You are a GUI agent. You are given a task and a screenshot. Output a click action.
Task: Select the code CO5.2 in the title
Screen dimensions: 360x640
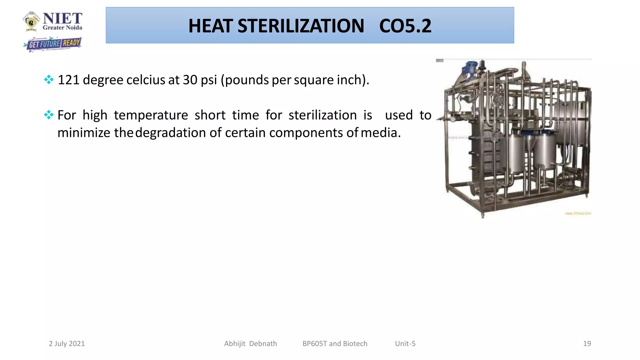click(405, 26)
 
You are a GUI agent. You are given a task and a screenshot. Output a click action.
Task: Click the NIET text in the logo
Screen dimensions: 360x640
click(62, 18)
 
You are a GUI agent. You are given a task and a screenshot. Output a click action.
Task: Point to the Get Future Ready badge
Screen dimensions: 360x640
click(53, 44)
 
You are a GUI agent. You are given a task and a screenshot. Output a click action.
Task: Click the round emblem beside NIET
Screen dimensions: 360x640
click(31, 21)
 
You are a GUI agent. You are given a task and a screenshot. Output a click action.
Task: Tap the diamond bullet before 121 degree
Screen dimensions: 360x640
click(49, 80)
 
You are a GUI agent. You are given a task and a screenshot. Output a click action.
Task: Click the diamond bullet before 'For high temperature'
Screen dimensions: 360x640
click(49, 115)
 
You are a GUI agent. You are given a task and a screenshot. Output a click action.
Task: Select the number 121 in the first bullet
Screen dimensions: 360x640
click(68, 80)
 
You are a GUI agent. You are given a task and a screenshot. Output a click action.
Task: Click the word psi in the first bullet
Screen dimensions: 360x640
click(209, 80)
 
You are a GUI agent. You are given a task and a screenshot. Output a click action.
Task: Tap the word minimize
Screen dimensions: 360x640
click(84, 133)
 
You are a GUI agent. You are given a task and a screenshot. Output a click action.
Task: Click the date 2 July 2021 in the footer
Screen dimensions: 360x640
click(67, 343)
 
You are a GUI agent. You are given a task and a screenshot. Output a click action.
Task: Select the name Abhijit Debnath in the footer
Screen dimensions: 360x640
click(250, 343)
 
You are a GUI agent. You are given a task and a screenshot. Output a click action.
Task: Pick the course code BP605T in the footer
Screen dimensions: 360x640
click(315, 343)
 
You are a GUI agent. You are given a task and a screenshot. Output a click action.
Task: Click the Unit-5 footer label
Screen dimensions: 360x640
click(405, 343)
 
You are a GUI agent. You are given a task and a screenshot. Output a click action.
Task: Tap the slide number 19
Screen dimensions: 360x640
click(587, 343)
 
